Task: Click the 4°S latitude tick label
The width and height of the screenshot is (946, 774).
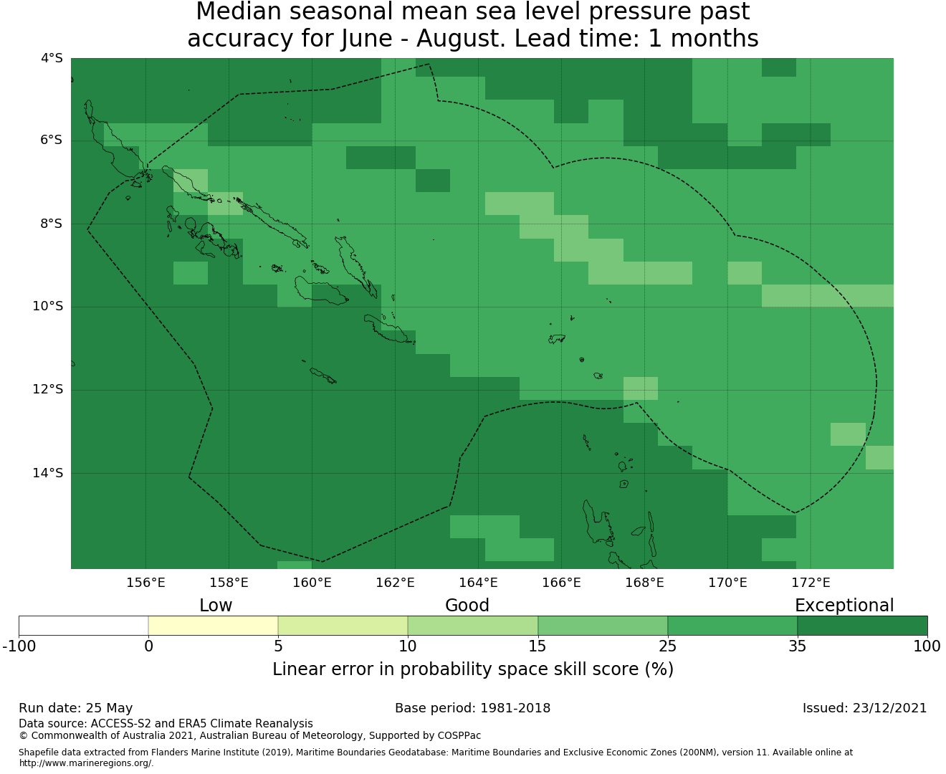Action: (x=52, y=58)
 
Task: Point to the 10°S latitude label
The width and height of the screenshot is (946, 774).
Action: (x=47, y=307)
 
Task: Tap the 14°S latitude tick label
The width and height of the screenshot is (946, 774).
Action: (x=47, y=473)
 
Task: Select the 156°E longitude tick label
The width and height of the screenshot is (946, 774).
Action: (x=145, y=583)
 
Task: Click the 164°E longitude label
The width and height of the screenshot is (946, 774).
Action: (x=478, y=583)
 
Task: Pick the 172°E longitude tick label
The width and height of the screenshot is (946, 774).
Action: (x=811, y=583)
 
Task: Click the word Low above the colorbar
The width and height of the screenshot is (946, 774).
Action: (x=216, y=606)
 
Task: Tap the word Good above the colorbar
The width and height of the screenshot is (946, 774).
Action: (x=467, y=606)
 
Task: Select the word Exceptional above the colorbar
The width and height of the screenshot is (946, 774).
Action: (x=844, y=606)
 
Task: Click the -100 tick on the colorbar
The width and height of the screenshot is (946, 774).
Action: (x=19, y=646)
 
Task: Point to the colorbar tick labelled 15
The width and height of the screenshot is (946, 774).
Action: (x=537, y=646)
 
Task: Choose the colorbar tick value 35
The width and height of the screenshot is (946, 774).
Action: (x=797, y=646)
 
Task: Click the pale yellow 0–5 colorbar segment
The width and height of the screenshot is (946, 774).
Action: (x=213, y=626)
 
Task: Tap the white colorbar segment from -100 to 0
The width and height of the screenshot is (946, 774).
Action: (x=83, y=626)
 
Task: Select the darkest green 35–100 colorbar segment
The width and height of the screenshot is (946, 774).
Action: (x=862, y=626)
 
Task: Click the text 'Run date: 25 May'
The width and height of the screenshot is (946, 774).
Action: (x=75, y=708)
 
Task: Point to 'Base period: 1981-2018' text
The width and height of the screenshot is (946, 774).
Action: (x=472, y=708)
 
